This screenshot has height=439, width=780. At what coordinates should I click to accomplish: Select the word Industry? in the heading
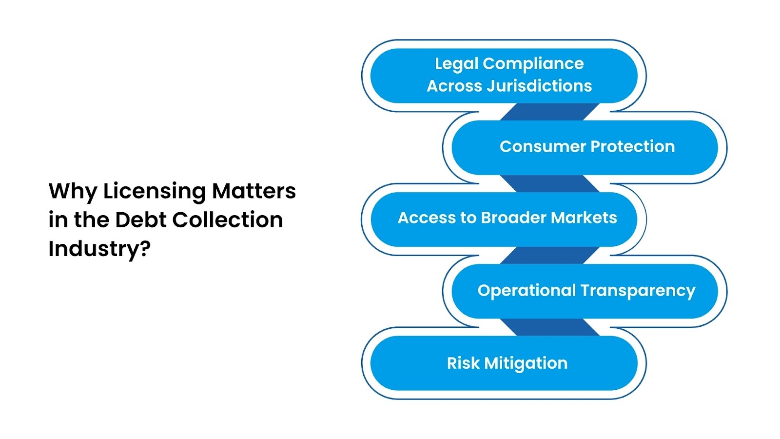pos(99,249)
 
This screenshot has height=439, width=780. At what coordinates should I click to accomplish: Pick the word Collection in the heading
pos(227,220)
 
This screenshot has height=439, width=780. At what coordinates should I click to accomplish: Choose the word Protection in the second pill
pos(633,146)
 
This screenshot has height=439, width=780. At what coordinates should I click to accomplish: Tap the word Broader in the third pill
pos(513,218)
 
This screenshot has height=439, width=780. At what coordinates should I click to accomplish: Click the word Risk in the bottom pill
pos(463,363)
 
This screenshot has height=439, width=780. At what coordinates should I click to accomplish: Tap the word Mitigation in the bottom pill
pos(526,363)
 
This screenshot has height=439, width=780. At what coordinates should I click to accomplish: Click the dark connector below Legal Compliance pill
pos(549,112)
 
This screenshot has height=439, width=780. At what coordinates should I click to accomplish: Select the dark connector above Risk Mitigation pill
pos(549,327)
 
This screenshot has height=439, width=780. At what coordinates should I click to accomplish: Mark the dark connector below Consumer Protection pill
pos(549,183)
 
